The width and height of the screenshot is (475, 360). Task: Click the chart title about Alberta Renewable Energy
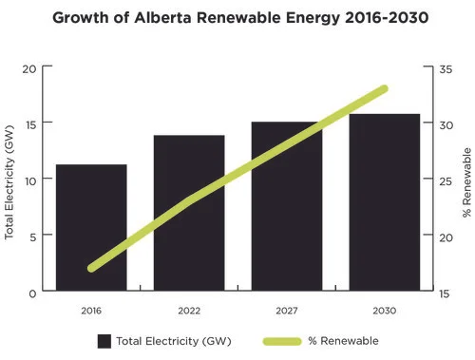(237, 17)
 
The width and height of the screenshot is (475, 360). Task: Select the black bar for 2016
(91, 228)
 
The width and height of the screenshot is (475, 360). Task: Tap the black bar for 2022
(189, 214)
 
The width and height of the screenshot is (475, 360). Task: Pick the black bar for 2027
(287, 207)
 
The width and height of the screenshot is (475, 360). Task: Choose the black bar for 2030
(385, 203)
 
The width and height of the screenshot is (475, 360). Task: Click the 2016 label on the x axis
(91, 311)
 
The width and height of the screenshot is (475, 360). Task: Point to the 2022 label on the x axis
(189, 311)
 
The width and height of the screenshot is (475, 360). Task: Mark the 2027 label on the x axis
(287, 311)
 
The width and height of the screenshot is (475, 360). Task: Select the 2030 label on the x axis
(385, 311)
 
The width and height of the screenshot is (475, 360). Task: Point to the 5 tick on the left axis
(32, 237)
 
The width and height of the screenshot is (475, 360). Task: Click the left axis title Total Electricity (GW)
(9, 180)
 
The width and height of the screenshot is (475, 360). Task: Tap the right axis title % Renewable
(466, 180)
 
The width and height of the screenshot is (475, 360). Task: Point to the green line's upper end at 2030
(385, 88)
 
